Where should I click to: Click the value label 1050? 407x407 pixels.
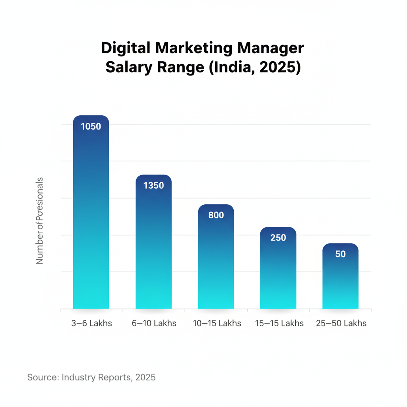point(91,127)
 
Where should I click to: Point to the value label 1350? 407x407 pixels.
point(153,186)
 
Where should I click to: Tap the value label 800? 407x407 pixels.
point(216,215)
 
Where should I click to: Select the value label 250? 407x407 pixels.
point(278,238)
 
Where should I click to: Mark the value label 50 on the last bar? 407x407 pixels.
point(340,254)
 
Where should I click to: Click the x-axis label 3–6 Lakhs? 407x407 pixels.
point(92,323)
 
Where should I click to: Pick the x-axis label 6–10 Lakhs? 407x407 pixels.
point(154,323)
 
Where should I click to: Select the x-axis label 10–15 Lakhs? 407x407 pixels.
point(217,323)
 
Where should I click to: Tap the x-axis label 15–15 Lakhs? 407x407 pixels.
point(279,323)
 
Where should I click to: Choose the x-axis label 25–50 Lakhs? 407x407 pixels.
point(341,323)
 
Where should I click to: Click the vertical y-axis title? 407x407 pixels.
point(40,221)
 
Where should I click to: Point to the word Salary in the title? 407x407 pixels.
point(126,67)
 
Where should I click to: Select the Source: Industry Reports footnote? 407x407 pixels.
point(91,377)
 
